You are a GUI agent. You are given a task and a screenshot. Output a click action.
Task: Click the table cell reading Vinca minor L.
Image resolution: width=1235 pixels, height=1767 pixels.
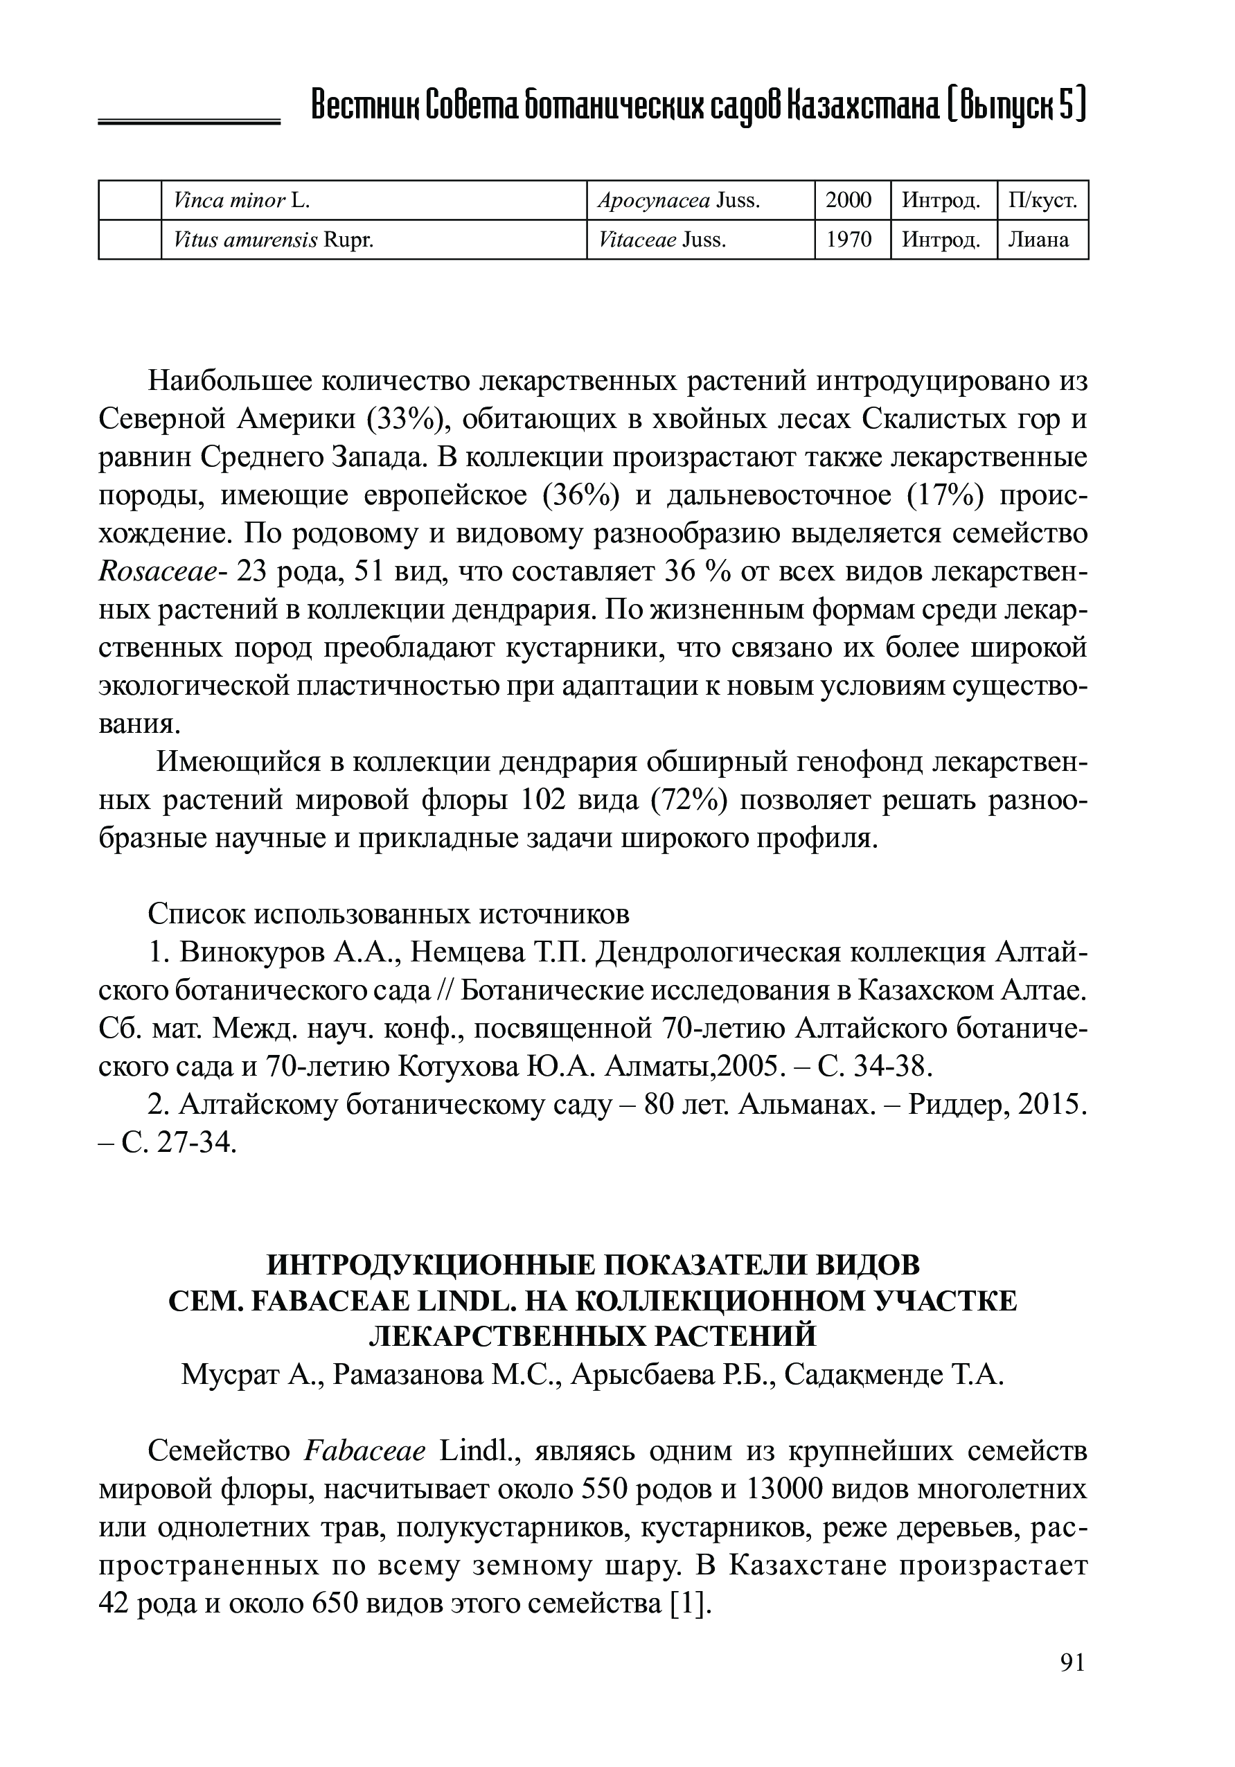(x=242, y=201)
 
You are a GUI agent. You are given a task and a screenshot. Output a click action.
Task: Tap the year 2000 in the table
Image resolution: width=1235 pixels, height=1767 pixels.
(x=848, y=201)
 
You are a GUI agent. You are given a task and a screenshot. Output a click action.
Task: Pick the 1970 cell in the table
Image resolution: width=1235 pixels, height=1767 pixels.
(x=848, y=240)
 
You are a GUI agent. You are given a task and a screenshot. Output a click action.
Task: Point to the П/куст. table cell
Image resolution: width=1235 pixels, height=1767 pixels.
(x=1042, y=201)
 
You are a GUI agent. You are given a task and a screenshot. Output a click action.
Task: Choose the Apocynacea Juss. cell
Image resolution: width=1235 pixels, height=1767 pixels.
(x=678, y=201)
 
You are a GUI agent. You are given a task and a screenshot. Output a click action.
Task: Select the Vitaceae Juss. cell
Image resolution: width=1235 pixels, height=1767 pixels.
(x=661, y=240)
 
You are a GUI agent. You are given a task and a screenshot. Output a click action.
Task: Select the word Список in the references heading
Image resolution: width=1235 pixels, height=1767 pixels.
(x=196, y=914)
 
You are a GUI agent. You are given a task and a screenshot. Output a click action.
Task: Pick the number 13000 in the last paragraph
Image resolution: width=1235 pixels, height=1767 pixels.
(x=784, y=1490)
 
